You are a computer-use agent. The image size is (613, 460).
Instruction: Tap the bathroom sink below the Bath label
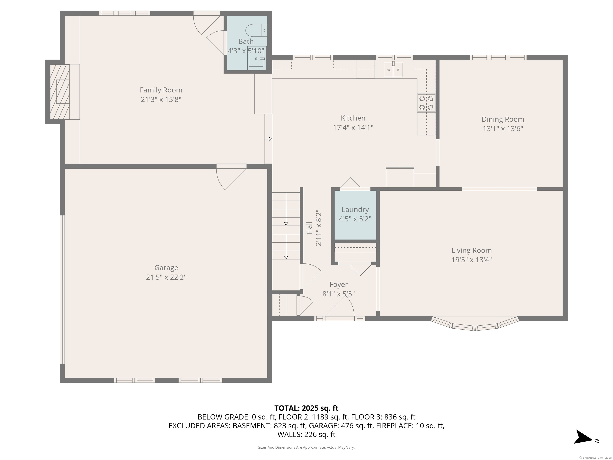[x=256, y=59]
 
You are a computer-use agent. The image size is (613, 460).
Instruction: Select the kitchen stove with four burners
[x=426, y=103]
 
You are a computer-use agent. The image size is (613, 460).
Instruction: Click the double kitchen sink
[x=393, y=70]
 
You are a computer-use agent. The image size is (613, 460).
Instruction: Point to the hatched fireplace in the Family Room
[x=60, y=92]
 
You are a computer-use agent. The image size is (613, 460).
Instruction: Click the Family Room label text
[x=161, y=90]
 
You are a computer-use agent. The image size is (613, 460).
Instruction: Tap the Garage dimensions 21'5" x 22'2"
[x=166, y=277]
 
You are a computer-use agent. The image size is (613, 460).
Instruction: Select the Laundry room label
[x=355, y=210]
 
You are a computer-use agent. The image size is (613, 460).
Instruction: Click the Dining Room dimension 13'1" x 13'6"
[x=503, y=129]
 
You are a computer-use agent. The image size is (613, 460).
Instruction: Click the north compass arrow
[x=583, y=437]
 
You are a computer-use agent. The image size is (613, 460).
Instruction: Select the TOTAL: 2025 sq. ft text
[x=306, y=408]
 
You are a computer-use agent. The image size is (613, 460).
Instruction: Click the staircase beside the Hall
[x=286, y=226]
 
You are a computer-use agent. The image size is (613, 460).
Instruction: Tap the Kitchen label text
[x=353, y=118]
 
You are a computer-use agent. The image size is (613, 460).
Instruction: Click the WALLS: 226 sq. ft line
[x=306, y=434]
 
